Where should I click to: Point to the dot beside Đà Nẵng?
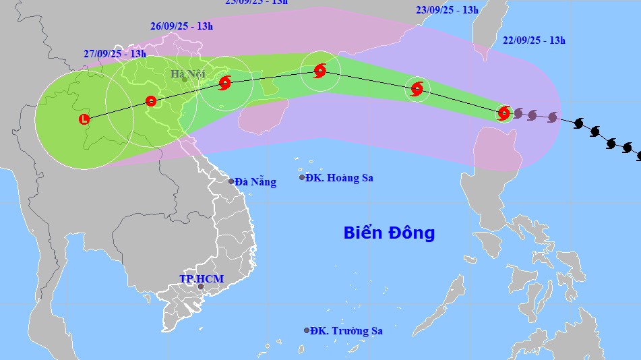click(x=231, y=181)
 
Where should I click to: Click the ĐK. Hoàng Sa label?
click(x=339, y=178)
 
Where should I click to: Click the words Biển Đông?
click(x=389, y=233)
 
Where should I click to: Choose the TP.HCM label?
click(x=202, y=278)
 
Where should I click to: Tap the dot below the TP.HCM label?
click(x=200, y=287)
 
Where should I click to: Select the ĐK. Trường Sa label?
click(x=348, y=331)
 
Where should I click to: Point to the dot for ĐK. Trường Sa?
click(x=307, y=330)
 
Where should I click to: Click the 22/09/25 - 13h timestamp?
click(x=534, y=40)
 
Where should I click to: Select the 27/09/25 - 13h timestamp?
click(x=115, y=53)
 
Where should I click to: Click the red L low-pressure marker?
click(x=84, y=119)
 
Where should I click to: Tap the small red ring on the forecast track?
click(x=151, y=101)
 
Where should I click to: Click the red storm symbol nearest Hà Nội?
click(x=224, y=83)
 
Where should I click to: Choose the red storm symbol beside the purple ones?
click(x=503, y=113)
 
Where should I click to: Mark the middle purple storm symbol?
click(x=532, y=115)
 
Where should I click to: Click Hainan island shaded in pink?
click(x=264, y=116)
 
